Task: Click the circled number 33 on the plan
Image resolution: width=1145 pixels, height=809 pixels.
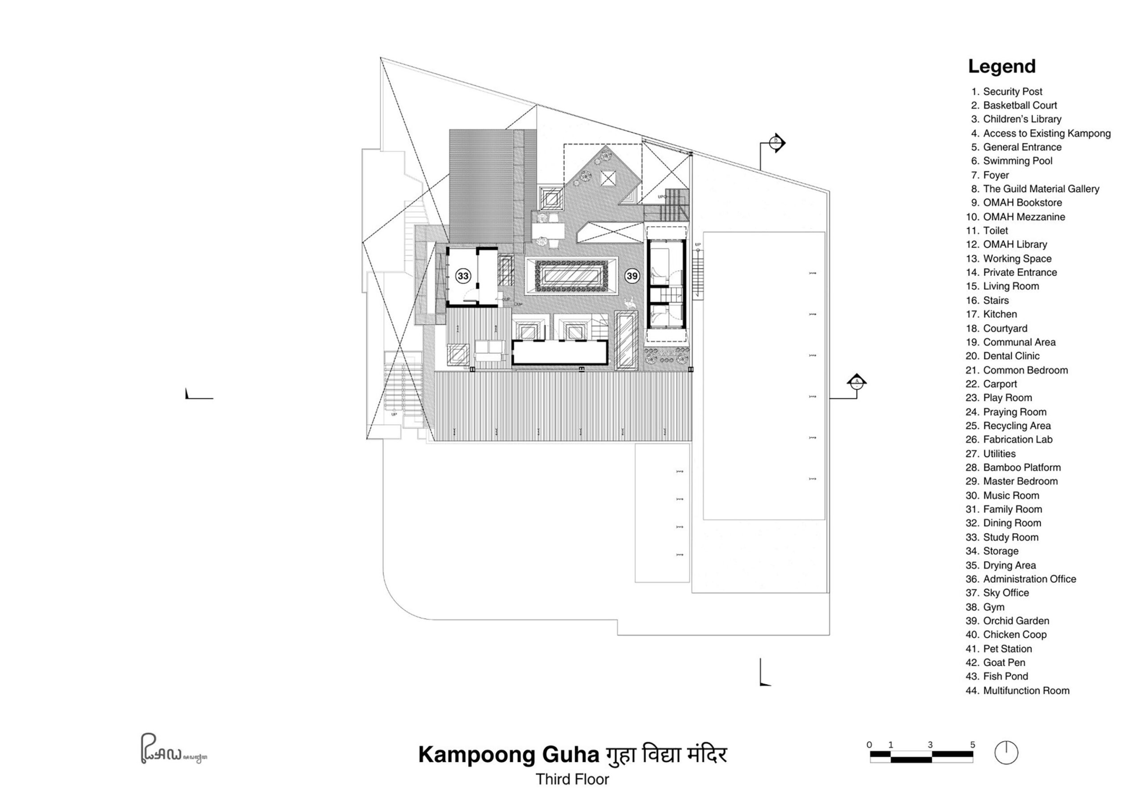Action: [x=463, y=276]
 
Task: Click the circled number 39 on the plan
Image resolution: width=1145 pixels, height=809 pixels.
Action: [x=632, y=276]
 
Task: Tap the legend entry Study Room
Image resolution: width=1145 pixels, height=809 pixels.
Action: [x=1010, y=537]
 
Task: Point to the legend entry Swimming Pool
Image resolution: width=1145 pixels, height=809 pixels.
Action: [x=1018, y=160]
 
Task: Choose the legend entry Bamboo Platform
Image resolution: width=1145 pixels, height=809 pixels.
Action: [x=1021, y=467]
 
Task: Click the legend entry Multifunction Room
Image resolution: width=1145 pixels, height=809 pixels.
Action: [x=1026, y=691]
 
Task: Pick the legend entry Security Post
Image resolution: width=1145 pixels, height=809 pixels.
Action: [x=1012, y=91]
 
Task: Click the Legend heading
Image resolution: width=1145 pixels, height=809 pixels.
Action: [x=1001, y=66]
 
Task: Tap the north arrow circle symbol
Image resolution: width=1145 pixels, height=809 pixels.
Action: [x=1006, y=752]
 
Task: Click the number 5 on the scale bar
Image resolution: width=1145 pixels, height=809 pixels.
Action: [x=972, y=745]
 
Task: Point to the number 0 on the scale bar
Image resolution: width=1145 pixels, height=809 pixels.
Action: [x=869, y=745]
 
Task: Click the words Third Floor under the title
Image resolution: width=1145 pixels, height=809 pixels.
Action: [x=572, y=779]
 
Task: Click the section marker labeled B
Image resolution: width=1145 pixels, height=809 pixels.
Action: [x=776, y=143]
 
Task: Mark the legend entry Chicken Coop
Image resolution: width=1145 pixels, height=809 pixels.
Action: [x=1014, y=635]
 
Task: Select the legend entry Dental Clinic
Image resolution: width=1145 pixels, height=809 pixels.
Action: [x=1011, y=356]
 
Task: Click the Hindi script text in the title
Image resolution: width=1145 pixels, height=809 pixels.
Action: [x=666, y=754]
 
